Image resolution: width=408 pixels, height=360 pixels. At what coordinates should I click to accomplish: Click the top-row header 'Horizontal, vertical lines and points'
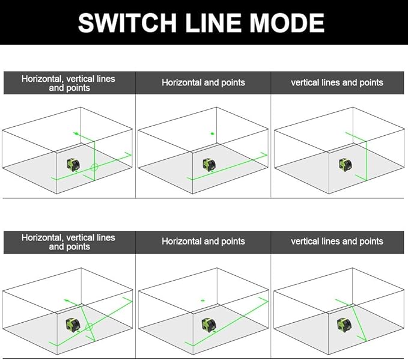point(68,83)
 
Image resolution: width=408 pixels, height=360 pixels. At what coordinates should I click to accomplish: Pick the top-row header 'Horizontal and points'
point(203,82)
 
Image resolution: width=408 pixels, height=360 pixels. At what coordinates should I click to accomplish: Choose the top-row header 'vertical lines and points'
point(336,82)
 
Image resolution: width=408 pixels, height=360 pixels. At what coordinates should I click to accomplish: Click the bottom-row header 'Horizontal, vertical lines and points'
point(68,242)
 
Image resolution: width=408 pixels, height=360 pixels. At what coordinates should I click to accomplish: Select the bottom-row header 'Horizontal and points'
point(203,241)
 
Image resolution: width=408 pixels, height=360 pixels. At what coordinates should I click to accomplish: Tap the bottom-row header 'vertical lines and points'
point(336,241)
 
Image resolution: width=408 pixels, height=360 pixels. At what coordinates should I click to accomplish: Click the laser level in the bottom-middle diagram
point(209,325)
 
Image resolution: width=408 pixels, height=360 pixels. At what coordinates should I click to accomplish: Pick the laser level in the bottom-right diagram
point(344,325)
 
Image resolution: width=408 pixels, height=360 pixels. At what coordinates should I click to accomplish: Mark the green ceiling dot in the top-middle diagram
point(212,133)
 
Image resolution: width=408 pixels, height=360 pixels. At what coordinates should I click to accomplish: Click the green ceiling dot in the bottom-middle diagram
point(202,301)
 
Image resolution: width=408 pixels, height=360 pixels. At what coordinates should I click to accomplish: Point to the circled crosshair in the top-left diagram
point(94,166)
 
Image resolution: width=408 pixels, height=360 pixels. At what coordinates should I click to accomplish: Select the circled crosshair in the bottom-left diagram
point(88,327)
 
